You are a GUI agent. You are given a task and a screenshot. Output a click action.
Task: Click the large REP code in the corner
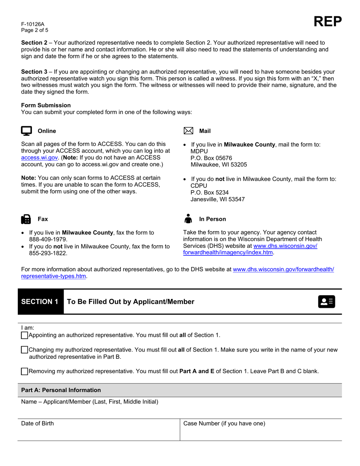pyautogui.click(x=327, y=22)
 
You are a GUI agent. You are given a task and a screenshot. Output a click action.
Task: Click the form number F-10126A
pyautogui.click(x=33, y=24)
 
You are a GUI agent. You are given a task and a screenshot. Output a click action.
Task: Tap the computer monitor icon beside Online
pyautogui.click(x=26, y=131)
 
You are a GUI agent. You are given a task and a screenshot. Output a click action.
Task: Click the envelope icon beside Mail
pyautogui.click(x=188, y=131)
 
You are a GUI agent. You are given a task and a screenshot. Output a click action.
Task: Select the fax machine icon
pyautogui.click(x=26, y=219)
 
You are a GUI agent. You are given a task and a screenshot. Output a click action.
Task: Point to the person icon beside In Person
pyautogui.click(x=188, y=219)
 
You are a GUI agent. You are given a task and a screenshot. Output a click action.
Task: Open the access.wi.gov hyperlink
pyautogui.click(x=39, y=158)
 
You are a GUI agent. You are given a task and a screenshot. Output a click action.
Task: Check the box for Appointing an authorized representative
pyautogui.click(x=25, y=335)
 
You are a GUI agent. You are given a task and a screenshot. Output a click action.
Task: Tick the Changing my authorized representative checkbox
pyautogui.click(x=25, y=350)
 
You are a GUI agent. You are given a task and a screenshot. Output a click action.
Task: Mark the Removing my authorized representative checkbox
pyautogui.click(x=25, y=372)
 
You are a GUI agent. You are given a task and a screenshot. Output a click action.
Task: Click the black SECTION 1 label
pyautogui.click(x=40, y=302)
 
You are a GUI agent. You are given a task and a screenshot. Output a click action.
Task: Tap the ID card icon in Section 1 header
pyautogui.click(x=327, y=302)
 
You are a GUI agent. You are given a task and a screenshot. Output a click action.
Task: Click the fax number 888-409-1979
pyautogui.click(x=48, y=239)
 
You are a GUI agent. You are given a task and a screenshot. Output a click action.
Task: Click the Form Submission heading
pyautogui.click(x=46, y=105)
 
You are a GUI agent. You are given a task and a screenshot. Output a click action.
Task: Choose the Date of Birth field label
pyautogui.click(x=38, y=424)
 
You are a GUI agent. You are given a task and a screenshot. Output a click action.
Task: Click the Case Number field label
pyautogui.click(x=224, y=424)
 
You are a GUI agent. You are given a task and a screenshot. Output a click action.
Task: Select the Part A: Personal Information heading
pyautogui.click(x=61, y=390)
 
